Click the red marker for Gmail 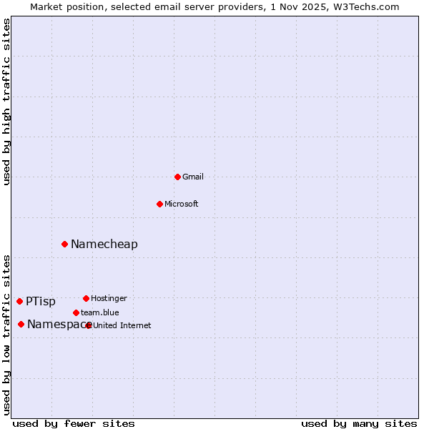[178, 177]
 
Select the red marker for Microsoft [160, 204]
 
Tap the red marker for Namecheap [64, 244]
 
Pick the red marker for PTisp [19, 301]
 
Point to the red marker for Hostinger [86, 298]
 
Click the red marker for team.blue [76, 312]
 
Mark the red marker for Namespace [21, 324]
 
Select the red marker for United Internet [89, 325]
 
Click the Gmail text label [193, 177]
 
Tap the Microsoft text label [182, 204]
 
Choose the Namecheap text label [104, 245]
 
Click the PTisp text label [41, 302]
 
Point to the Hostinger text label [109, 298]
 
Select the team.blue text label [100, 312]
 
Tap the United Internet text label [122, 325]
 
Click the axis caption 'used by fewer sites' [74, 423]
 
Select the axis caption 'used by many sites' [359, 423]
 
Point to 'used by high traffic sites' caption [7, 102]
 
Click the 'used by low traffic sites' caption [7, 334]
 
